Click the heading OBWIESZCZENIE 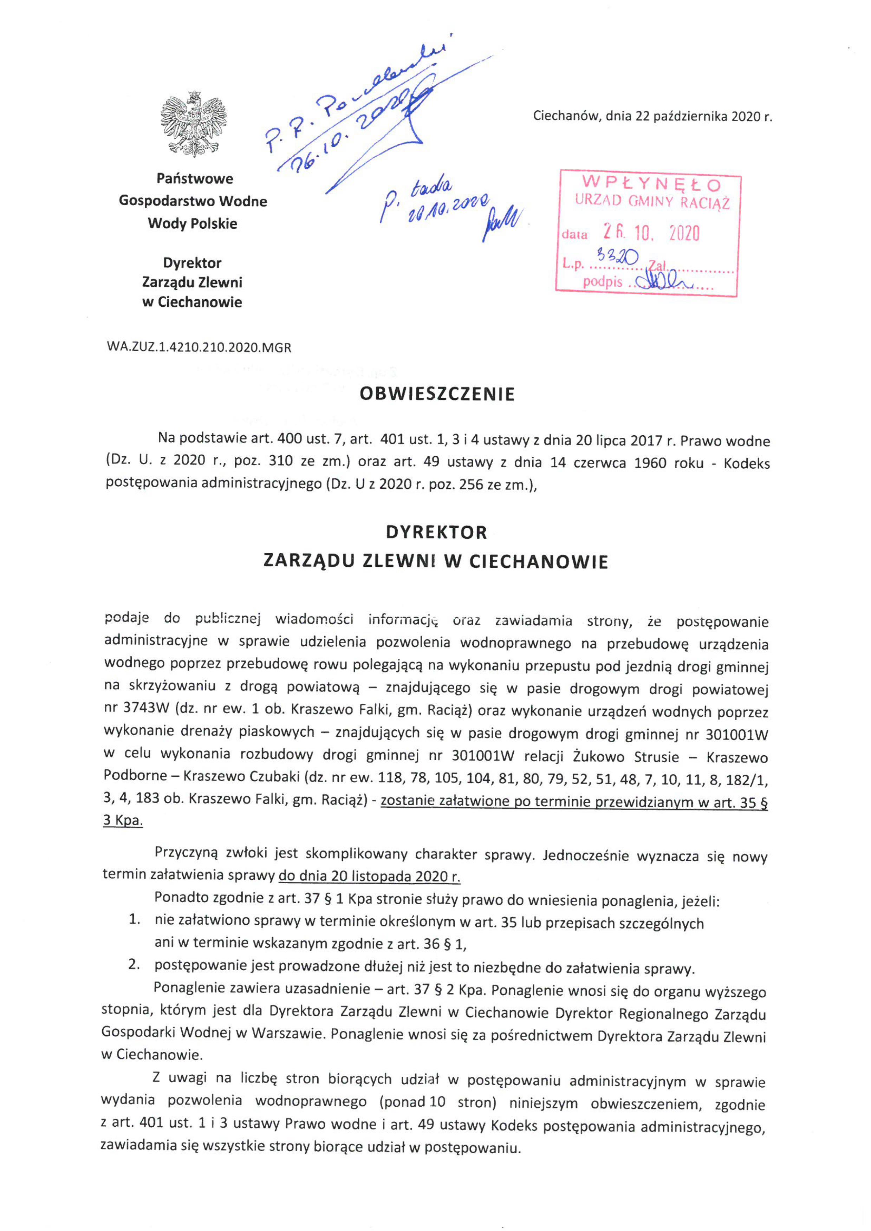click(x=437, y=394)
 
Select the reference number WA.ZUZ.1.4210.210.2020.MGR click(x=199, y=347)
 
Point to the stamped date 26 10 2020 click(x=651, y=233)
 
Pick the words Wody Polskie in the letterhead click(x=193, y=223)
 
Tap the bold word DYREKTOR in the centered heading click(x=437, y=532)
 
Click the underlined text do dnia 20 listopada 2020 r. click(x=370, y=876)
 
